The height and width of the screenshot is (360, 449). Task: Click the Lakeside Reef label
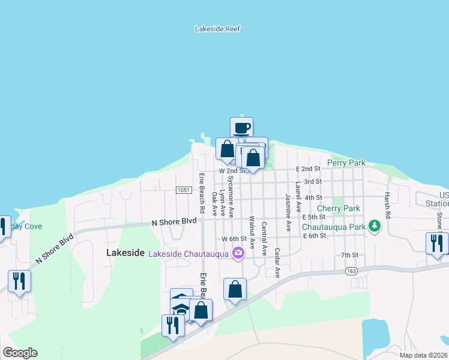click(218, 28)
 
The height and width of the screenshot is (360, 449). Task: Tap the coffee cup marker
click(241, 128)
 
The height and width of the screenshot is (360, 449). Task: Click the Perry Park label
click(346, 163)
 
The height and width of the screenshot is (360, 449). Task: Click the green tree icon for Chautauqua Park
click(375, 226)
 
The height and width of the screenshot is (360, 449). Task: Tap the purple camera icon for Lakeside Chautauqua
click(238, 253)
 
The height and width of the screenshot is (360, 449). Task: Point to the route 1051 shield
click(184, 190)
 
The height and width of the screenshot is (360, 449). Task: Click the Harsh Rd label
click(388, 204)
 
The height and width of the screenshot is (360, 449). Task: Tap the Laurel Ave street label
click(298, 199)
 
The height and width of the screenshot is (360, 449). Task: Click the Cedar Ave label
click(277, 263)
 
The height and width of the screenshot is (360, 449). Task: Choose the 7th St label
click(349, 255)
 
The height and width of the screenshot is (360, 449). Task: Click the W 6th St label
click(234, 239)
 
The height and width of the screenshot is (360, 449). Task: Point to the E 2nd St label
click(307, 169)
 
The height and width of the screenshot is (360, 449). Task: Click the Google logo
click(20, 353)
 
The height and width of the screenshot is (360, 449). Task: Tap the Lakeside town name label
click(125, 253)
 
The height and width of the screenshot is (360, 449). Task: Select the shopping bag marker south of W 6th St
click(235, 289)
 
